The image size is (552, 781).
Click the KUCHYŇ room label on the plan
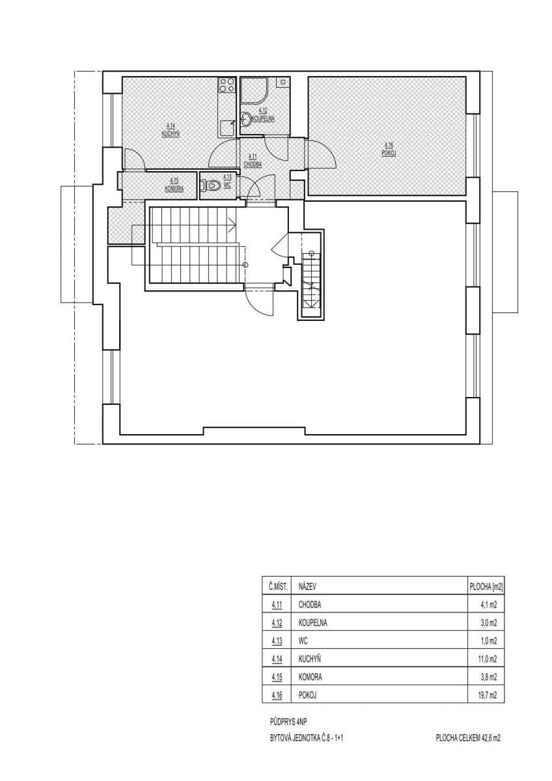(171, 133)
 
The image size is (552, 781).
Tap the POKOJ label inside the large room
(389, 154)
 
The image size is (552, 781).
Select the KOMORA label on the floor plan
(174, 188)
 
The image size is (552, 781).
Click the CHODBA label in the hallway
(253, 165)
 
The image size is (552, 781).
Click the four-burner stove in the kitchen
(227, 85)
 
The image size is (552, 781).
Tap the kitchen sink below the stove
(225, 126)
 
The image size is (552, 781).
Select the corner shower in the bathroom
(252, 91)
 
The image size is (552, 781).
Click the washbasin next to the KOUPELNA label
(246, 119)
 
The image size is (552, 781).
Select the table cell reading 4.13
(277, 640)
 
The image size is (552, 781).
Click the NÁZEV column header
(307, 586)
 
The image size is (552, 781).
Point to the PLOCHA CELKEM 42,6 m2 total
(468, 738)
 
